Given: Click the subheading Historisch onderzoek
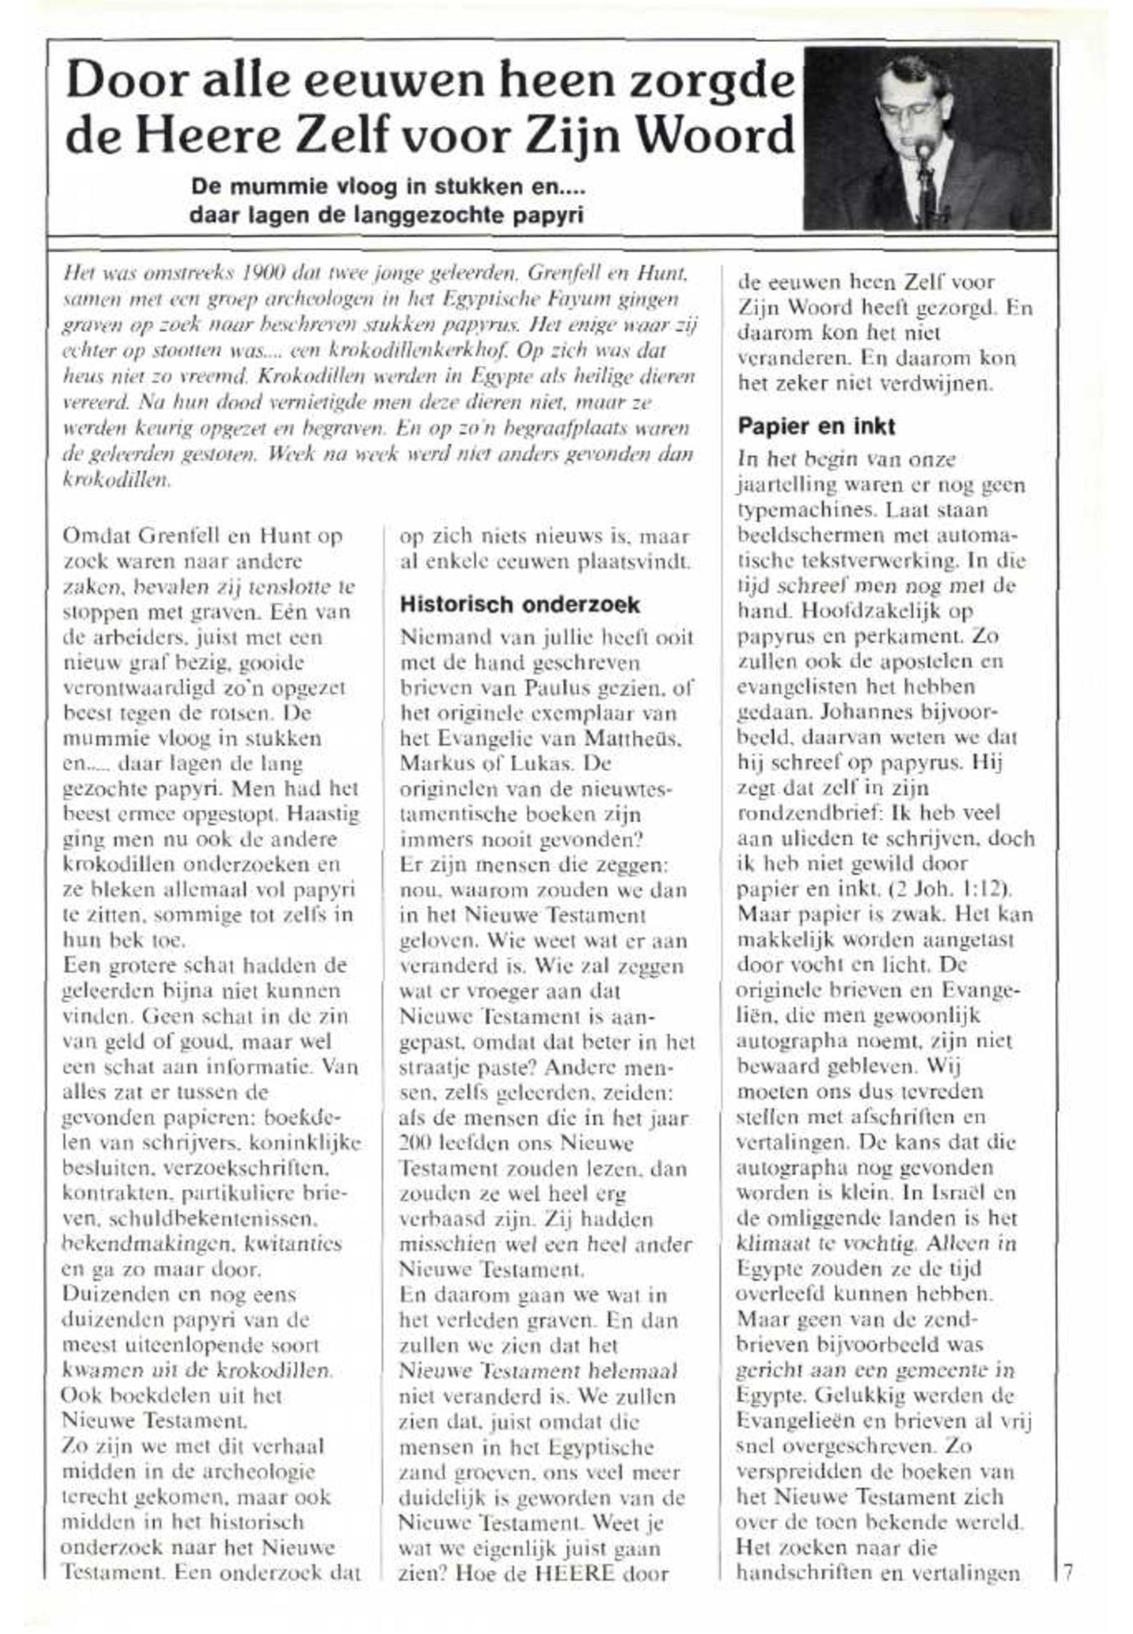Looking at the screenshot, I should coord(520,605).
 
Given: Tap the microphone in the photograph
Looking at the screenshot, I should coord(924,150).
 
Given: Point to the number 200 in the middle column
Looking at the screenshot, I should coord(415,1144).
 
